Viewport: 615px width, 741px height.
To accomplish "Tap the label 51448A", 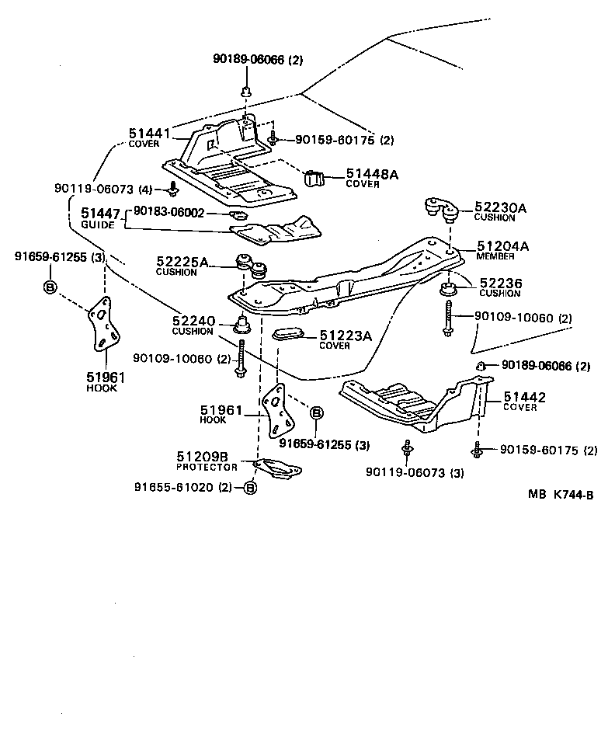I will pyautogui.click(x=372, y=175).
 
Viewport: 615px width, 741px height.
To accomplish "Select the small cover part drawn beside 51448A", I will pyautogui.click(x=315, y=178).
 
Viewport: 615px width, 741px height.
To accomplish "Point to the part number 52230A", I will pyautogui.click(x=500, y=207).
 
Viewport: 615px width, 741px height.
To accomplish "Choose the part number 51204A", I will pyautogui.click(x=502, y=246).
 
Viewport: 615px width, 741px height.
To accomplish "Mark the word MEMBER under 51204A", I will pyautogui.click(x=495, y=256).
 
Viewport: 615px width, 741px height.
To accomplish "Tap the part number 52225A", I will pyautogui.click(x=182, y=263).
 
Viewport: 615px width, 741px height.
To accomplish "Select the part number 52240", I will pyautogui.click(x=192, y=320).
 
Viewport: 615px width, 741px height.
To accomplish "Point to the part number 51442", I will pyautogui.click(x=524, y=397).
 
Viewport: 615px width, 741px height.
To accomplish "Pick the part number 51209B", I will pyautogui.click(x=202, y=457).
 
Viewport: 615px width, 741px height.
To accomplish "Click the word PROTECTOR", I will pyautogui.click(x=207, y=468).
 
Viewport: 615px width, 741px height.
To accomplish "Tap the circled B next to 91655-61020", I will pyautogui.click(x=249, y=487).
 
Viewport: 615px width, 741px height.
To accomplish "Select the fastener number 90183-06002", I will pyautogui.click(x=169, y=211).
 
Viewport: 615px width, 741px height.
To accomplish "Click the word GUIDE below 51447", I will pyautogui.click(x=97, y=224).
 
